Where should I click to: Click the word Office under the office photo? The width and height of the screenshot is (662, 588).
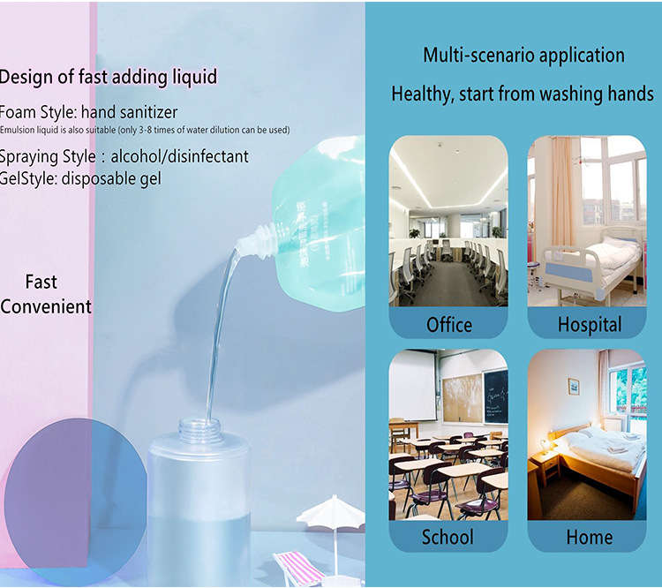(x=448, y=325)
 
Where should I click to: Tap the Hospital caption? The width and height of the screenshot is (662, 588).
(x=590, y=324)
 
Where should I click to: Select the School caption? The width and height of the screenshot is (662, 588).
(x=448, y=537)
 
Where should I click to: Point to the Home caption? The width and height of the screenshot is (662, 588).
(x=590, y=537)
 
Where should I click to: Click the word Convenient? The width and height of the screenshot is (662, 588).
(x=46, y=306)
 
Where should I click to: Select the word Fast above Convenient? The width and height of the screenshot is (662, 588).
(x=41, y=282)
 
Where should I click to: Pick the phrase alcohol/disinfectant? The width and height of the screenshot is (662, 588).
(x=179, y=156)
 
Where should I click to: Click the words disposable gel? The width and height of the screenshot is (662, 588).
(x=111, y=178)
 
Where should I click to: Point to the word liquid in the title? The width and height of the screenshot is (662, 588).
(x=195, y=78)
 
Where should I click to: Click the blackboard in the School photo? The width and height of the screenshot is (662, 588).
(x=496, y=396)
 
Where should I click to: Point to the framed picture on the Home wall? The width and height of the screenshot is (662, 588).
(x=574, y=386)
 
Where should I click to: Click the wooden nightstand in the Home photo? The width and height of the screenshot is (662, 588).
(x=545, y=467)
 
